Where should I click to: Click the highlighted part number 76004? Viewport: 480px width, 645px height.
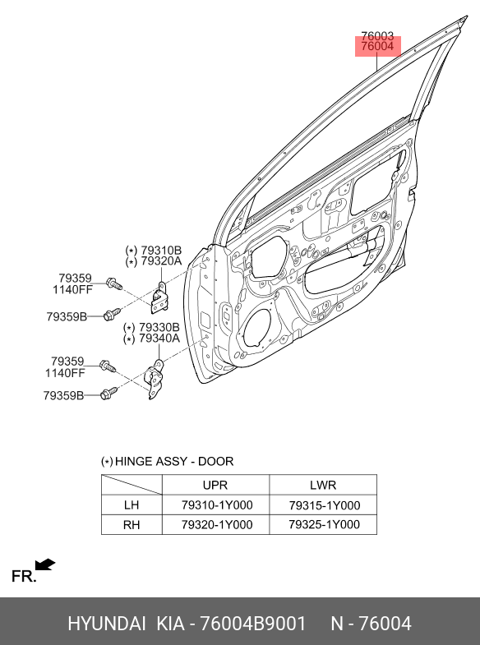[x=377, y=46]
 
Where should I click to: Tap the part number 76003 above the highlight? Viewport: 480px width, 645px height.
[x=377, y=36]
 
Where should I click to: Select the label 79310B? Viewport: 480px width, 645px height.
[x=161, y=250]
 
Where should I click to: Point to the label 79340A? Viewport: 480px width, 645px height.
[x=159, y=339]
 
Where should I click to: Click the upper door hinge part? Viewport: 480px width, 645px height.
[x=159, y=297]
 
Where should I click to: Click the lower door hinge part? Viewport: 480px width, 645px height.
[x=156, y=380]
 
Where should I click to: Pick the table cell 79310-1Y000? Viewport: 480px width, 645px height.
[x=217, y=504]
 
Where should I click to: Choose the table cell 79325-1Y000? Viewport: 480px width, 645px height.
[x=324, y=524]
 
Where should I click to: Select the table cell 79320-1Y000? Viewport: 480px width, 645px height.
[x=217, y=524]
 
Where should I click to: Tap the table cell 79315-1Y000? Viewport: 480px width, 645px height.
[x=324, y=505]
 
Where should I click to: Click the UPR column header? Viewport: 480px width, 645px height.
[x=215, y=485]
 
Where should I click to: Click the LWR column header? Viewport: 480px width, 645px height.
[x=323, y=485]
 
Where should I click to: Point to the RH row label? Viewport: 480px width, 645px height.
[x=132, y=525]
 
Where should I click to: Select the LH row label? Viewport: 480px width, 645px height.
[x=132, y=504]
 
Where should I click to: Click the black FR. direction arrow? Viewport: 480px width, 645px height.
[x=44, y=564]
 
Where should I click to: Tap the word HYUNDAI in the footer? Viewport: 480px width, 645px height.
[x=107, y=624]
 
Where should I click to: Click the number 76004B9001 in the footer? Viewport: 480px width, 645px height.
[x=252, y=624]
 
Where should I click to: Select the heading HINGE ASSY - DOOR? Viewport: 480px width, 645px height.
[x=174, y=461]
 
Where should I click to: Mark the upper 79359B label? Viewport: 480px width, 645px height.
[x=67, y=316]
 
